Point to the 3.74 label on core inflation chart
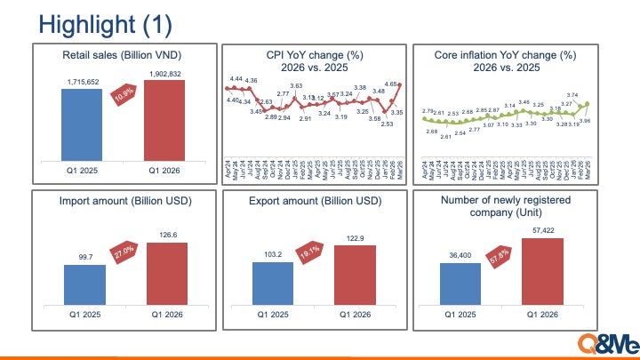pos(572,95)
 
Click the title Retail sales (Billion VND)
pos(124,54)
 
